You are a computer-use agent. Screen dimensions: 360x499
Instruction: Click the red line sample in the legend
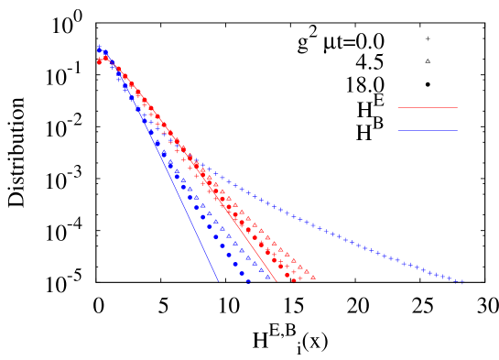coord(427,108)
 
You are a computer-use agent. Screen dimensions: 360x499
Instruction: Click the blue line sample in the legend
coord(427,130)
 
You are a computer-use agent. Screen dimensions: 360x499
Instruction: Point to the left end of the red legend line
coord(397,108)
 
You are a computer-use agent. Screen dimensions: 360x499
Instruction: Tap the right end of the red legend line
coord(457,108)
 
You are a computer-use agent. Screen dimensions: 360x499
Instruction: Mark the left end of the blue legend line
coord(397,130)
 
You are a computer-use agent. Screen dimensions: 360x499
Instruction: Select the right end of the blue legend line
coord(457,130)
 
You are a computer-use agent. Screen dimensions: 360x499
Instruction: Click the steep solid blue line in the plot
coord(174,183)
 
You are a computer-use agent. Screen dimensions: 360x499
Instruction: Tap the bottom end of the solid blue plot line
coord(219,281)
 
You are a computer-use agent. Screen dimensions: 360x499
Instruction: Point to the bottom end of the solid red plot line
coord(277,281)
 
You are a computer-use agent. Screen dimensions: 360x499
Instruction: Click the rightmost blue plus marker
coord(461,282)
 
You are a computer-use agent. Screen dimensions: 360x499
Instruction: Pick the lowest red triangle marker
coord(313,277)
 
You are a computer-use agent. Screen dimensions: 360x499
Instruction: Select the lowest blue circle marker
coord(248,281)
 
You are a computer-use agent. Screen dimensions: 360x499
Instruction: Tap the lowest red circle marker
coord(294,279)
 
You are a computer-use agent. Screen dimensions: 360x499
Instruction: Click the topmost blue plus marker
coord(99,46)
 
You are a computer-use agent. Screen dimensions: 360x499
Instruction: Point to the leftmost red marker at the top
coord(99,61)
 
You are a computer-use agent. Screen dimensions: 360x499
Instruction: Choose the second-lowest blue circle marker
coord(242,273)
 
